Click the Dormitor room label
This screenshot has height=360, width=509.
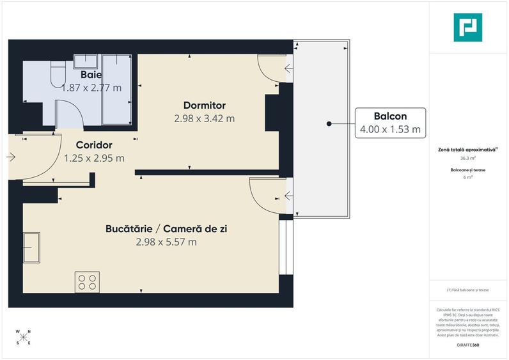(x=204, y=106)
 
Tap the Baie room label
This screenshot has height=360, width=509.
(x=91, y=75)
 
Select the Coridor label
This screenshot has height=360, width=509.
(x=94, y=145)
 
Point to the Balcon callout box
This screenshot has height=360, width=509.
(x=390, y=122)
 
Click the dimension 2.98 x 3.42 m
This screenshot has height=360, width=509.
(x=204, y=118)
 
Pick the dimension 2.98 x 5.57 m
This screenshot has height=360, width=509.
(x=166, y=242)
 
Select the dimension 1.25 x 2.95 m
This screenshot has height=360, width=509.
(x=94, y=158)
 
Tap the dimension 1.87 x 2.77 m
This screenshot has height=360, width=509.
(x=91, y=88)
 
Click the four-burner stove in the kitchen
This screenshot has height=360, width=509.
(x=87, y=282)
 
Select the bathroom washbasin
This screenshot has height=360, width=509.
(x=85, y=61)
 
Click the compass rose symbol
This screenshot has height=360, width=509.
(x=23, y=338)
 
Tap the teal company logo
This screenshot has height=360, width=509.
(x=467, y=27)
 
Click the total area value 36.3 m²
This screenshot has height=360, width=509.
(x=467, y=157)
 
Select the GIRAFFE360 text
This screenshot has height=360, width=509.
(x=467, y=345)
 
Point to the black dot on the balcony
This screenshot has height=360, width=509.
(x=328, y=123)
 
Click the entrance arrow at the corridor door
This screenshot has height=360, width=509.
(x=11, y=156)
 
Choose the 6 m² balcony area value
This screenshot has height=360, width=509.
(x=467, y=177)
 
